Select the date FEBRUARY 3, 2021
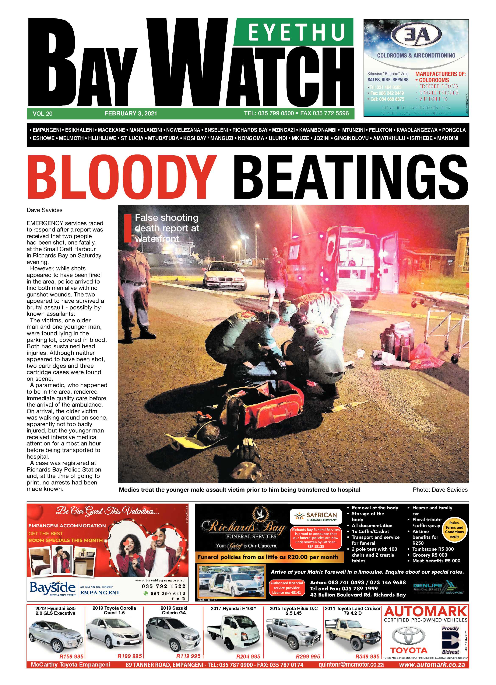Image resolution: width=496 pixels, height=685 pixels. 130,114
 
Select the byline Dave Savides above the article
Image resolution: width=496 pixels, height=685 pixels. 45,210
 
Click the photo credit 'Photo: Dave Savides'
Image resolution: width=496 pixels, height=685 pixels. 440,490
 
